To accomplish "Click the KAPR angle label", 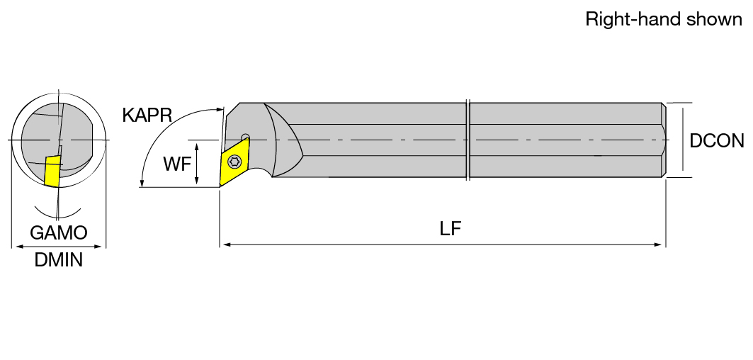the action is pyautogui.click(x=147, y=116).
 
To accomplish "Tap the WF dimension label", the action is pyautogui.click(x=177, y=164).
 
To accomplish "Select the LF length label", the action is pyautogui.click(x=451, y=229).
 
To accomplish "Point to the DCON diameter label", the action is pyautogui.click(x=716, y=141).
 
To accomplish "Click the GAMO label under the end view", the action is pyautogui.click(x=59, y=232).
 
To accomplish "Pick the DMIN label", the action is pyautogui.click(x=59, y=260).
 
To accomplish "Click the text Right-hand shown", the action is pyautogui.click(x=664, y=19).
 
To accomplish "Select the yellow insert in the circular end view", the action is pyautogui.click(x=52, y=170).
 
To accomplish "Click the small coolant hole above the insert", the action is pyautogui.click(x=245, y=136).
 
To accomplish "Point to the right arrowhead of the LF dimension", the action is pyautogui.click(x=658, y=244).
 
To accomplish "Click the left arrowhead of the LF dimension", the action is pyautogui.click(x=227, y=244).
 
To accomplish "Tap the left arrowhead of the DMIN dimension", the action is pyautogui.click(x=19, y=247).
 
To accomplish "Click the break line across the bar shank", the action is pyautogui.click(x=468, y=140).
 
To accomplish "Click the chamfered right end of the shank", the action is pyautogui.click(x=664, y=140).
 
